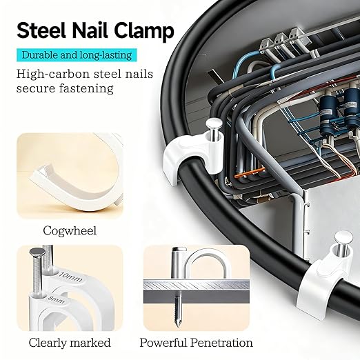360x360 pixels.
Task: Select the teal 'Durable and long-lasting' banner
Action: (x=77, y=55)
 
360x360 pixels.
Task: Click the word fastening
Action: (x=86, y=88)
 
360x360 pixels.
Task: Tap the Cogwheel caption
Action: (x=70, y=230)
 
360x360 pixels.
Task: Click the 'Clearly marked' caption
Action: (x=70, y=343)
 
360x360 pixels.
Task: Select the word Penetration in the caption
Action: (x=221, y=343)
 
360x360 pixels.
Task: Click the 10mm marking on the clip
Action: (x=71, y=277)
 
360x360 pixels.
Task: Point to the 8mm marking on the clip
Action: (x=56, y=299)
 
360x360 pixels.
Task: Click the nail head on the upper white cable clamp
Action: (x=214, y=124)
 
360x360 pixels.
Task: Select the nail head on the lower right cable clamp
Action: (x=343, y=238)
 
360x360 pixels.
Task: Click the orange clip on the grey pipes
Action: (x=249, y=173)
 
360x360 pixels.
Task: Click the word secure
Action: (x=36, y=89)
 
